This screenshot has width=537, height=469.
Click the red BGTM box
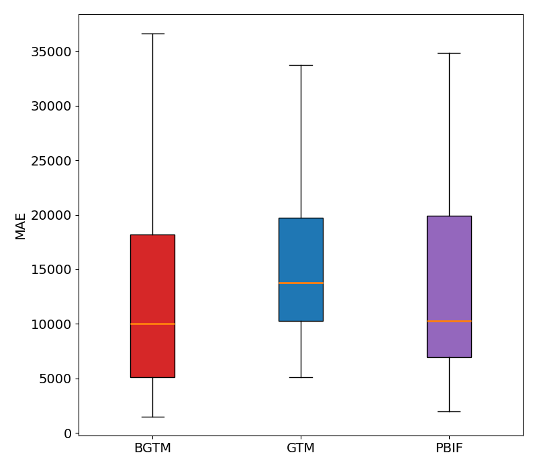[152, 281]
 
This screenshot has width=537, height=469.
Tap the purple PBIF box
[449, 268]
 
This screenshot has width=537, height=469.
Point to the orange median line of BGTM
[152, 324]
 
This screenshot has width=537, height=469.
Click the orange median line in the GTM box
[301, 283]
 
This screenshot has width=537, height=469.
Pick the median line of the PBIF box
[449, 321]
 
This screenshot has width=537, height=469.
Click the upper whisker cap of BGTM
[152, 33]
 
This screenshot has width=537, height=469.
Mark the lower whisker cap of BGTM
[152, 417]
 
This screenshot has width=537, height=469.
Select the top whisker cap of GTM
[301, 65]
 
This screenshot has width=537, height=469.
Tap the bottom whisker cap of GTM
[301, 377]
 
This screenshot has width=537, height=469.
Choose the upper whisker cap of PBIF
[449, 53]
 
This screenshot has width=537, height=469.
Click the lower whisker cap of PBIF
[449, 411]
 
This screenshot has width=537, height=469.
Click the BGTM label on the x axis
[152, 448]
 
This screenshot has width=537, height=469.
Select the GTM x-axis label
[301, 448]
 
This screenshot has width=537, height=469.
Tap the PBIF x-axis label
[449, 448]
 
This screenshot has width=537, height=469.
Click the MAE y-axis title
[21, 226]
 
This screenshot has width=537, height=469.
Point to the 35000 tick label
[52, 52]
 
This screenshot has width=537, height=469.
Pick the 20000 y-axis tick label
[52, 215]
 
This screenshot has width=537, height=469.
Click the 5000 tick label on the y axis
[56, 379]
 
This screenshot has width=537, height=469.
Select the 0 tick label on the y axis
[68, 433]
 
